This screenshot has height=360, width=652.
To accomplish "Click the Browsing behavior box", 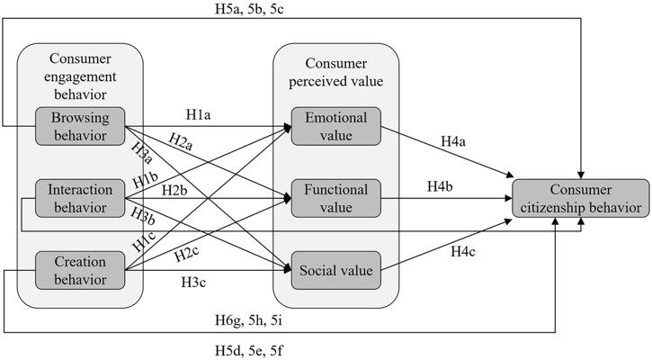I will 79,125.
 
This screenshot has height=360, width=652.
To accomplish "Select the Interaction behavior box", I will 79,199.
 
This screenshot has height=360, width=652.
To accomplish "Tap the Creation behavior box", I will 79,270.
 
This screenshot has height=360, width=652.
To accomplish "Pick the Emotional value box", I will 335,125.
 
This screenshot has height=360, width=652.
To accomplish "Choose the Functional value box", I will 335,199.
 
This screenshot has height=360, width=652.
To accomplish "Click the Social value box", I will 335,270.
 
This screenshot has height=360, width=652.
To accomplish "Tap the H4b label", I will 440,186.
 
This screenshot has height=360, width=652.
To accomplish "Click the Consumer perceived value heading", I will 335,71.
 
